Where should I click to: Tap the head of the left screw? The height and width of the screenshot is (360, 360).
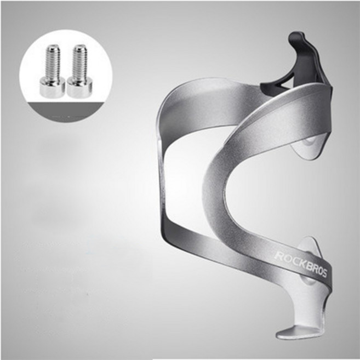pyautogui.click(x=52, y=87)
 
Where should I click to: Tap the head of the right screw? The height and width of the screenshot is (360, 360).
pyautogui.click(x=79, y=87)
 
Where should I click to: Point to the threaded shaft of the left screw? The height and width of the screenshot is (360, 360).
pyautogui.click(x=53, y=61)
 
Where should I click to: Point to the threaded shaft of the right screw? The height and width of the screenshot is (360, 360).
pyautogui.click(x=80, y=61)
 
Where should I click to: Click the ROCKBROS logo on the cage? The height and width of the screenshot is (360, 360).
pyautogui.click(x=301, y=264)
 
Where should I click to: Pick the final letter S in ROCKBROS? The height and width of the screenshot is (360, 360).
pyautogui.click(x=324, y=273)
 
